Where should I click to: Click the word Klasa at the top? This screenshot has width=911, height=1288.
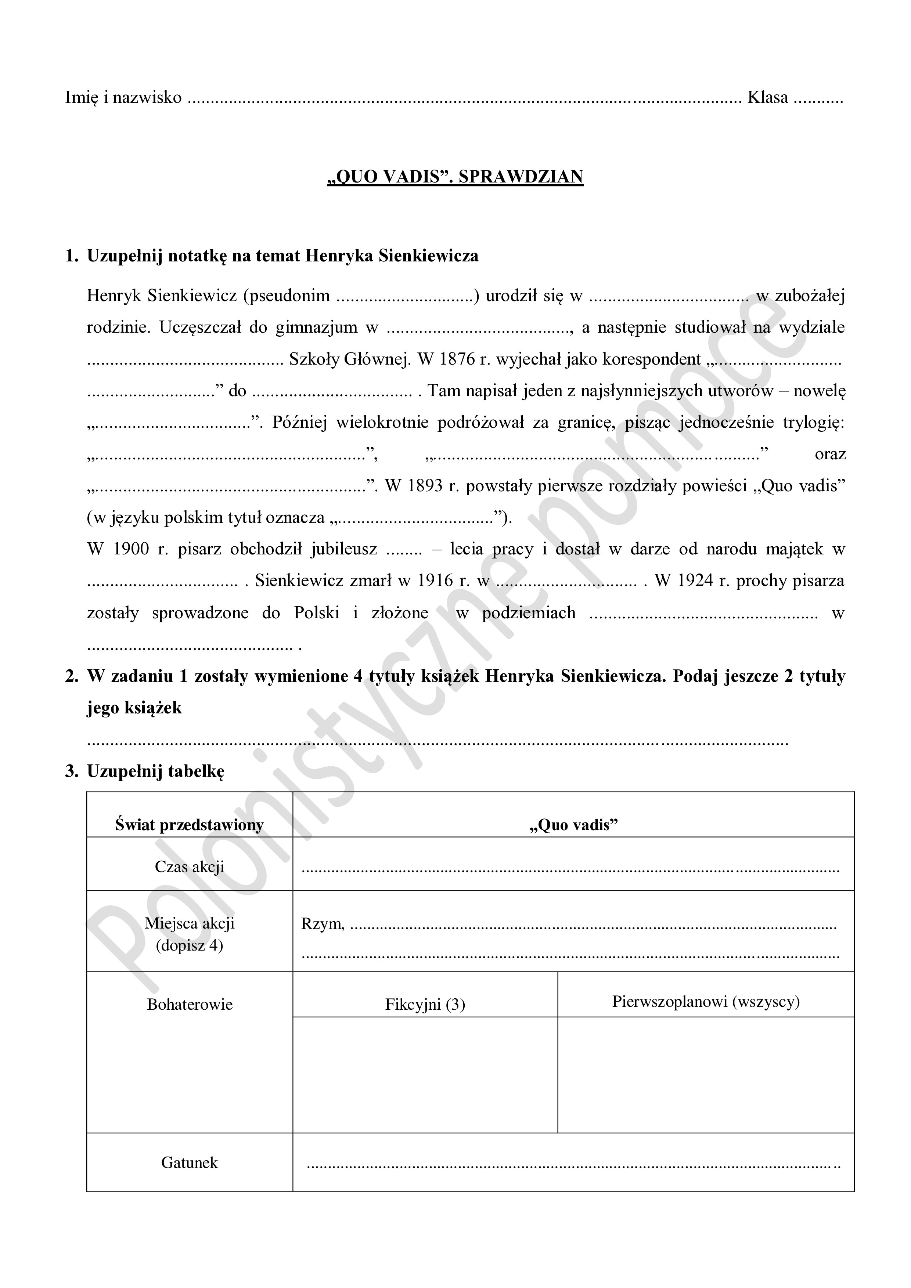[767, 98]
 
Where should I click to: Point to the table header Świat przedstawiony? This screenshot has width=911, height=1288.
[189, 825]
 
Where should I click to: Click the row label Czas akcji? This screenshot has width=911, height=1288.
[189, 867]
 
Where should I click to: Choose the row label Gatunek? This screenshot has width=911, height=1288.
[189, 1162]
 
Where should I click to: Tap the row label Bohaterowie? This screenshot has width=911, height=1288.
[189, 1004]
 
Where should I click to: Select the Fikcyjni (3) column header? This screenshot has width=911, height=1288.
[425, 1004]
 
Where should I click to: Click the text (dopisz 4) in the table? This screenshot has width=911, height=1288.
[189, 946]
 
